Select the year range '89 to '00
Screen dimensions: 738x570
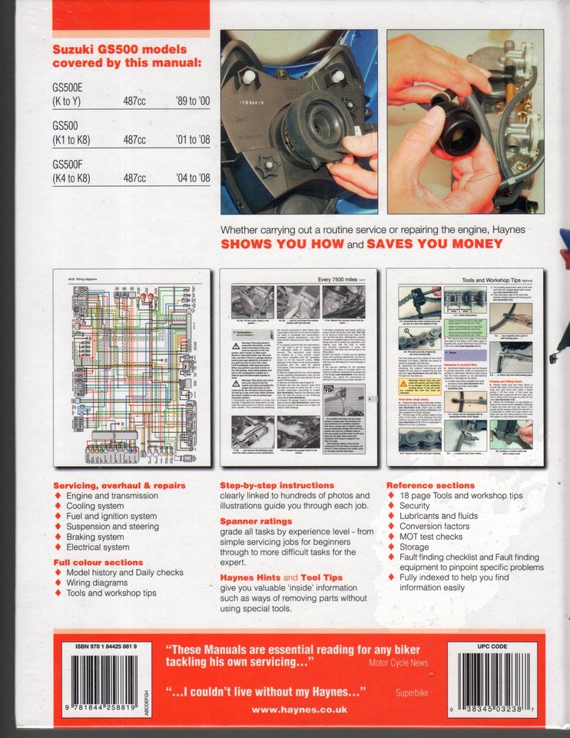point(187,101)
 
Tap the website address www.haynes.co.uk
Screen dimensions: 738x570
point(299,710)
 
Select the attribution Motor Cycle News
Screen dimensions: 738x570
point(399,662)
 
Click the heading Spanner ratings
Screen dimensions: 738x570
point(256,521)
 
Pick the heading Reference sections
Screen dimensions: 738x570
point(430,485)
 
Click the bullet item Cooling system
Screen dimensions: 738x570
point(94,506)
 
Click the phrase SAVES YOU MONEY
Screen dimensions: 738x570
point(434,244)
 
